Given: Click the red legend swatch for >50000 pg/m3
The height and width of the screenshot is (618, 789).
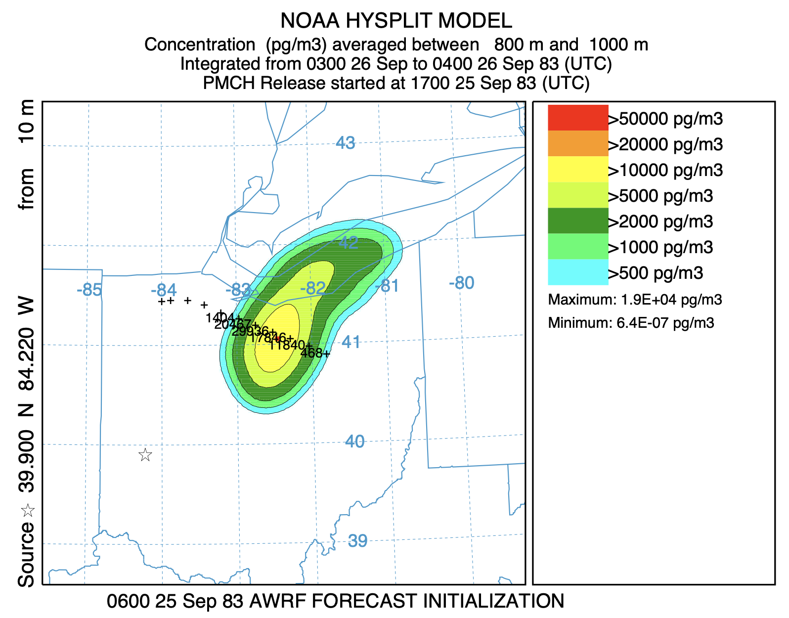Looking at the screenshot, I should pos(578,118).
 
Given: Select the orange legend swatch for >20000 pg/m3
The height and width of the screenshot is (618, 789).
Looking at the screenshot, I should pos(578,143).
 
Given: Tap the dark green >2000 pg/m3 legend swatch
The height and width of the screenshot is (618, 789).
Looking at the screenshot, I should pos(578,221).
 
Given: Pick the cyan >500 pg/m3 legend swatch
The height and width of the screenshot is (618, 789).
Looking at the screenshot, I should pos(578,272).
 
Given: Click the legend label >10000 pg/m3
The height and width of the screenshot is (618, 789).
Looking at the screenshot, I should pos(665,171).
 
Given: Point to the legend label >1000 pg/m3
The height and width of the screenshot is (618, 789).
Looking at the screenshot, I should pos(660,247).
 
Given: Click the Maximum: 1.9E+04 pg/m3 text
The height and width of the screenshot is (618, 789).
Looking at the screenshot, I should pos(635,300).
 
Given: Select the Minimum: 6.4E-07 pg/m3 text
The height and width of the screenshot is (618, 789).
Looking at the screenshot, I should pos(631,324).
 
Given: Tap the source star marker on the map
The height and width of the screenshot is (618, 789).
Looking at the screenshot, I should pos(145,455).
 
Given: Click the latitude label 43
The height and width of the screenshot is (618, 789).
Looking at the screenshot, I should pos(345,143).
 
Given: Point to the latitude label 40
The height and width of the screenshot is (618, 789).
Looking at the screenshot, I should pos(354,441).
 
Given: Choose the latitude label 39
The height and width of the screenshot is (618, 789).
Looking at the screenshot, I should pos(357,541).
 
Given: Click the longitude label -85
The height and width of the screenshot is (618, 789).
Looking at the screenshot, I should pos(89,290).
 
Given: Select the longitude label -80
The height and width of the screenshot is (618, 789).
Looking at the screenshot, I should pos(461,283).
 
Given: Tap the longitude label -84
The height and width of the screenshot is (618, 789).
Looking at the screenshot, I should pos(164,290).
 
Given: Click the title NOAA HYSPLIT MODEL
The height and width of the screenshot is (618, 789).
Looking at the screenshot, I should pos(396,21).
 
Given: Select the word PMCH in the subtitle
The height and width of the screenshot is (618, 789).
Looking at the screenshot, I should pos(229,83).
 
